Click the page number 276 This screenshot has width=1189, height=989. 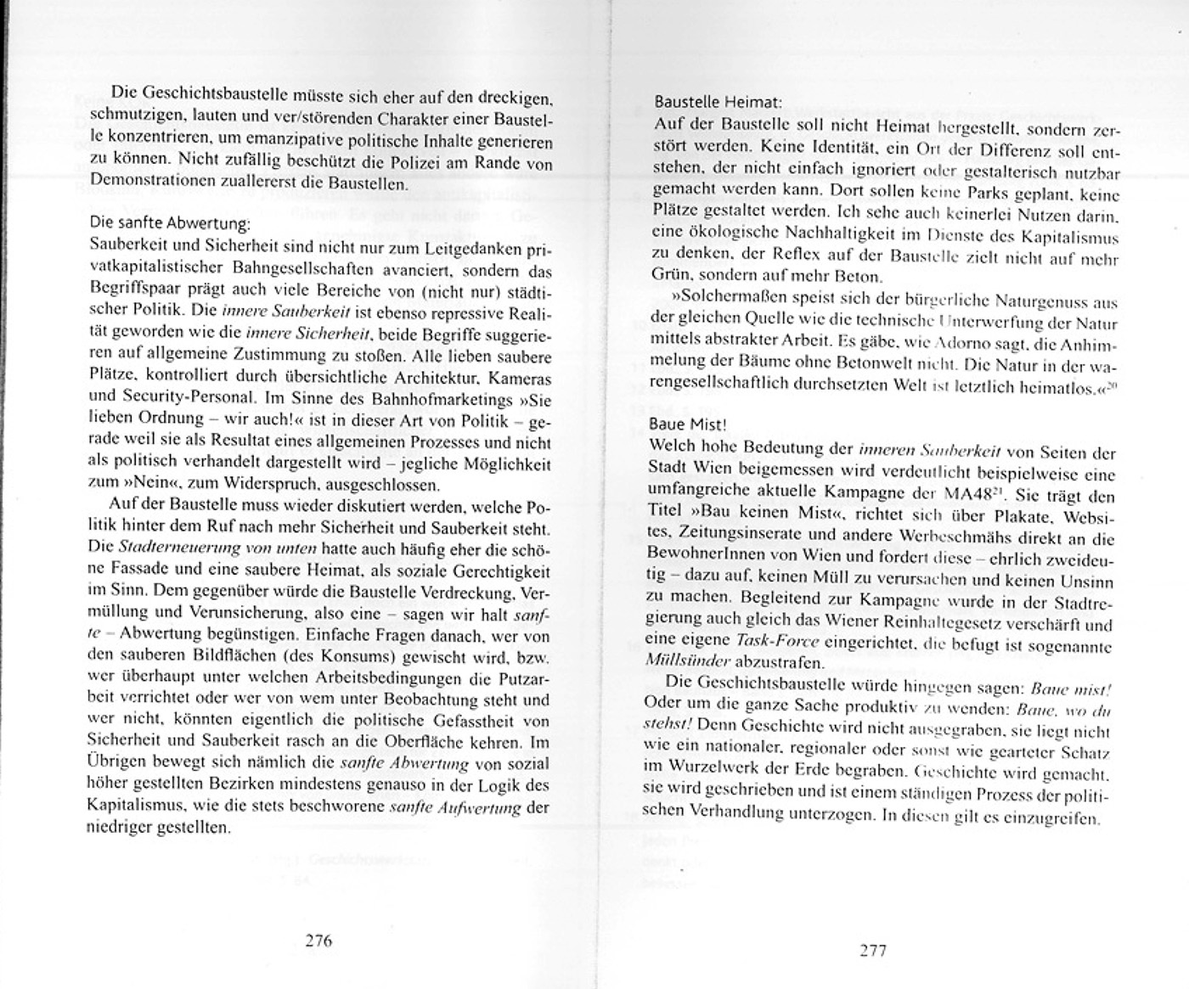318,940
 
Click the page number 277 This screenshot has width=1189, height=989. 872,950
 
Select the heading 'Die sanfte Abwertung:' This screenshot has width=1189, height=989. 170,224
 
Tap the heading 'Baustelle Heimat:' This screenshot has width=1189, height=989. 716,102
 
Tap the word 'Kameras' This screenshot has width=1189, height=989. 524,377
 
